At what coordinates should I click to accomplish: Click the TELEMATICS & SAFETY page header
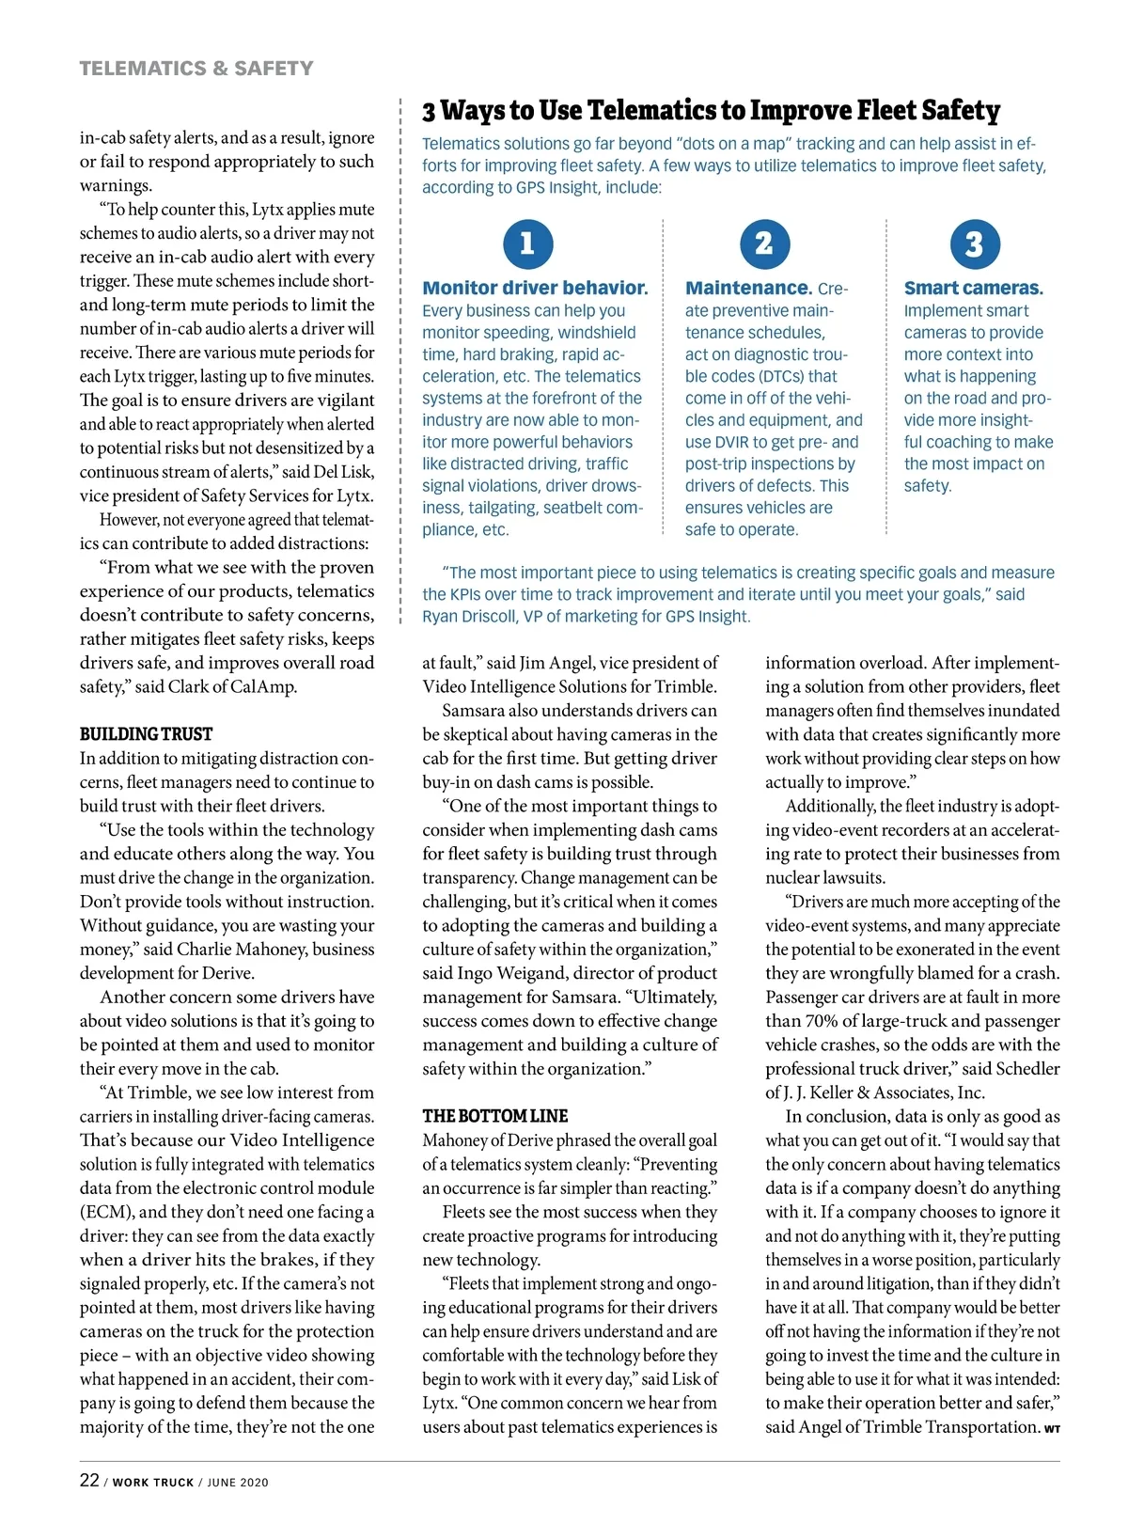pyautogui.click(x=196, y=69)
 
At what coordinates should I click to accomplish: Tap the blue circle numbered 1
pyautogui.click(x=527, y=244)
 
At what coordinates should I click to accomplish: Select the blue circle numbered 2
pyautogui.click(x=764, y=244)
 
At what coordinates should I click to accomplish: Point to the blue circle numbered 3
pyautogui.click(x=974, y=244)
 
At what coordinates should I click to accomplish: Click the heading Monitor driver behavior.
pyautogui.click(x=535, y=289)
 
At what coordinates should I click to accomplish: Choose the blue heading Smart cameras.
pyautogui.click(x=973, y=289)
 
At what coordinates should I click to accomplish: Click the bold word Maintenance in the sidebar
pyautogui.click(x=748, y=289)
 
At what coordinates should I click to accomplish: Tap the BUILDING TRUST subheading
pyautogui.click(x=146, y=734)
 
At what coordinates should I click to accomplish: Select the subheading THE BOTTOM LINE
pyautogui.click(x=494, y=1116)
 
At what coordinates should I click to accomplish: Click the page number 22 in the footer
pyautogui.click(x=89, y=1480)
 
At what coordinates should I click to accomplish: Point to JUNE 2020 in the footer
pyautogui.click(x=238, y=1483)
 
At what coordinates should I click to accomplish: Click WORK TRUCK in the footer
pyautogui.click(x=152, y=1483)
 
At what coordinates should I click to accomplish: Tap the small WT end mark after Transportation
pyautogui.click(x=1052, y=1429)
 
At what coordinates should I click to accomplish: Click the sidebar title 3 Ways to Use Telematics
pyautogui.click(x=711, y=111)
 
